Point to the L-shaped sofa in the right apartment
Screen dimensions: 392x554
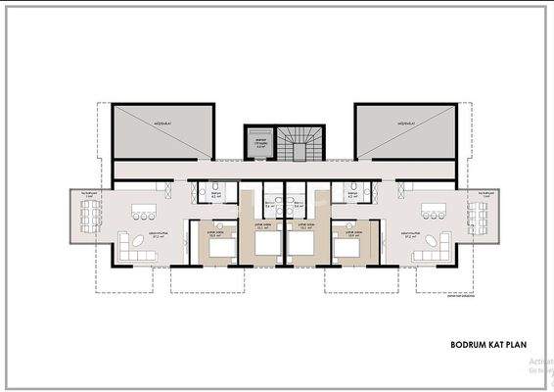click(x=425, y=245)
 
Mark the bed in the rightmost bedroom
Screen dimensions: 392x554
click(x=344, y=245)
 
